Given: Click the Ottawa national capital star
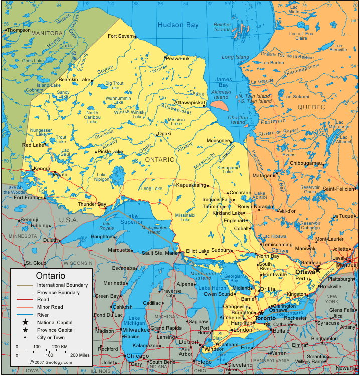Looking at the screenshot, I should tap(317, 269).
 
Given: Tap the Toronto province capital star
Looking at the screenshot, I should tap(260, 313).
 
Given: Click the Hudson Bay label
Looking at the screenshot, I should tap(178, 25).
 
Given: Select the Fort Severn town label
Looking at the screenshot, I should tap(121, 36).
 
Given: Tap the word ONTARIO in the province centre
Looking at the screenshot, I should tap(160, 159).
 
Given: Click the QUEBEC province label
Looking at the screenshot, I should tap(311, 107).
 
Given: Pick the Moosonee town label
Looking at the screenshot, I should tap(218, 141).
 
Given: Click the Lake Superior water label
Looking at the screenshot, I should tap(133, 219).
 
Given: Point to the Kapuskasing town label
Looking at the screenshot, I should tap(191, 185).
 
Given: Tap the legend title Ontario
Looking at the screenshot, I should tap(50, 276).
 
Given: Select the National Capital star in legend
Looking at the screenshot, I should tap(25, 322).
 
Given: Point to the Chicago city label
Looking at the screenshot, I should tap(137, 356).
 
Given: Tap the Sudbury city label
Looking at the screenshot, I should tap(221, 250).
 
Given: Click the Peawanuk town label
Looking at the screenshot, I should tap(178, 59).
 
